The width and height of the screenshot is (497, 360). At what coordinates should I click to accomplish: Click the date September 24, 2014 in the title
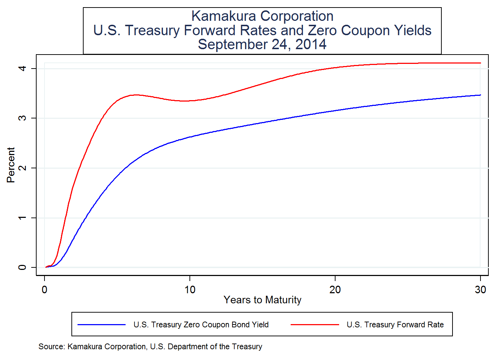[262, 45]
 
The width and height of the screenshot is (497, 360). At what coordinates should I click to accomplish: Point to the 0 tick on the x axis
[44, 290]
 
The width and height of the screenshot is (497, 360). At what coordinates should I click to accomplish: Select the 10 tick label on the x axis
[190, 290]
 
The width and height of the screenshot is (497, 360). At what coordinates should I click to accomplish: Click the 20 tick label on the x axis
[335, 290]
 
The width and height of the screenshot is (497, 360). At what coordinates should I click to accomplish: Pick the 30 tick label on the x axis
[480, 290]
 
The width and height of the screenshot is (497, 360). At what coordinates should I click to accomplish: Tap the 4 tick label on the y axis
[22, 68]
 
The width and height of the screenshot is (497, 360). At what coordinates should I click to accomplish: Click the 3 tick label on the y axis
[22, 118]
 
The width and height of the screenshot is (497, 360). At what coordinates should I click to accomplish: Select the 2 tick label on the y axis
[22, 168]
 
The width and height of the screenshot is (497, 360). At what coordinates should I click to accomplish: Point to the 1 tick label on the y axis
[22, 218]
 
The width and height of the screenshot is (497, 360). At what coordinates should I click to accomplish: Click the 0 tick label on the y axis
[22, 267]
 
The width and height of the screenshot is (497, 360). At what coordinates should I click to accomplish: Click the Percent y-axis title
[11, 165]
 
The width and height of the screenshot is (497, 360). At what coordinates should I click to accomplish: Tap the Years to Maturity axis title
[262, 300]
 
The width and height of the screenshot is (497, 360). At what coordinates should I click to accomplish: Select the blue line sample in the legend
[102, 325]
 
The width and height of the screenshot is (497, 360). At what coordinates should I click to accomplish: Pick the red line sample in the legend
[315, 325]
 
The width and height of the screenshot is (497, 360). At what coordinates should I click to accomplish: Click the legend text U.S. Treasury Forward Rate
[395, 325]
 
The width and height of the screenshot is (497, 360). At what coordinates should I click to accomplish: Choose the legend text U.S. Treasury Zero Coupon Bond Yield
[201, 325]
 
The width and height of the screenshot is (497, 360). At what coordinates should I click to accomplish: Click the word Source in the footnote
[51, 347]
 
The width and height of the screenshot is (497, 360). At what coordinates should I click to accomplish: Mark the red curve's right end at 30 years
[480, 63]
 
